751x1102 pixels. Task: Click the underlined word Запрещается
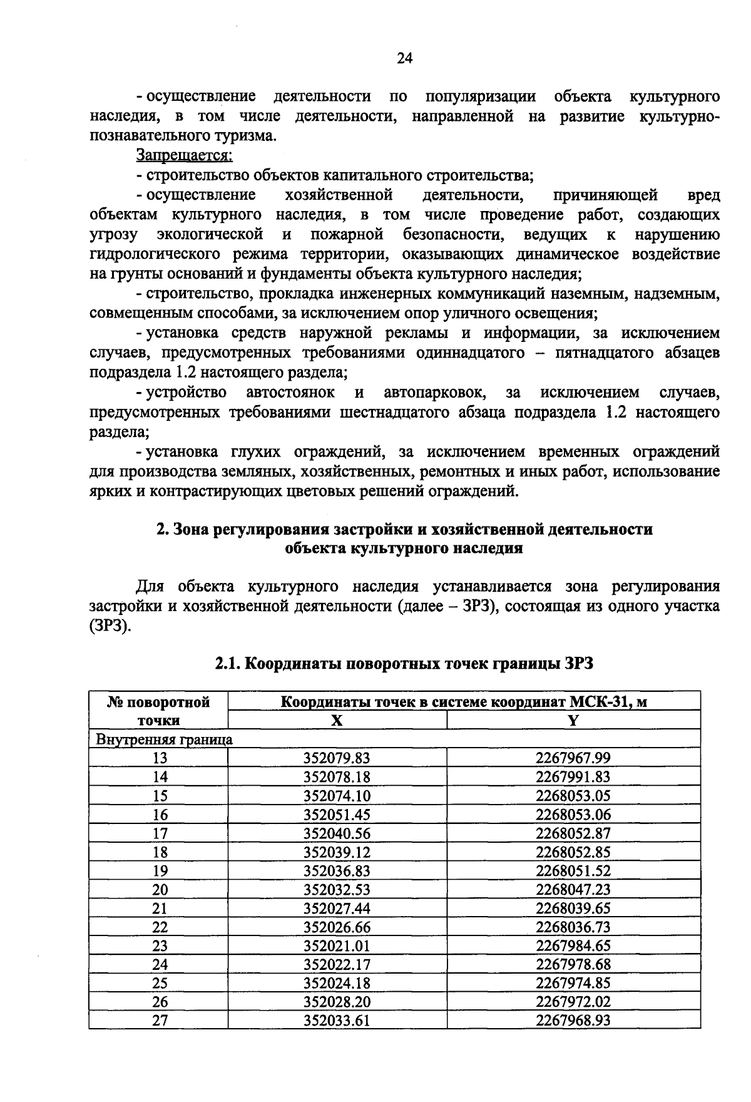[185, 155]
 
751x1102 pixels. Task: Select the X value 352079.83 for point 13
[337, 758]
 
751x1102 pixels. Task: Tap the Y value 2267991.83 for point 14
[573, 777]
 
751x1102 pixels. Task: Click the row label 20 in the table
[160, 890]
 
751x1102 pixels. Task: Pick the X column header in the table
[337, 720]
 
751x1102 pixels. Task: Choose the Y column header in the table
[573, 720]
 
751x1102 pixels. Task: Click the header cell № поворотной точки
[158, 711]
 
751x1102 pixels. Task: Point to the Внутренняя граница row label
[164, 739]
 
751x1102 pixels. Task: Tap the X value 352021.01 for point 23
[337, 946]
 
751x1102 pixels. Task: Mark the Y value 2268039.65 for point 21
[573, 909]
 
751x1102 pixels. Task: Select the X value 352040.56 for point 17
[337, 833]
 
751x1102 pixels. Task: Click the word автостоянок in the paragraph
[290, 393]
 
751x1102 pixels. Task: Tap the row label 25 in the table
[160, 984]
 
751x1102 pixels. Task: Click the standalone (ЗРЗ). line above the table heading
[110, 626]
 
